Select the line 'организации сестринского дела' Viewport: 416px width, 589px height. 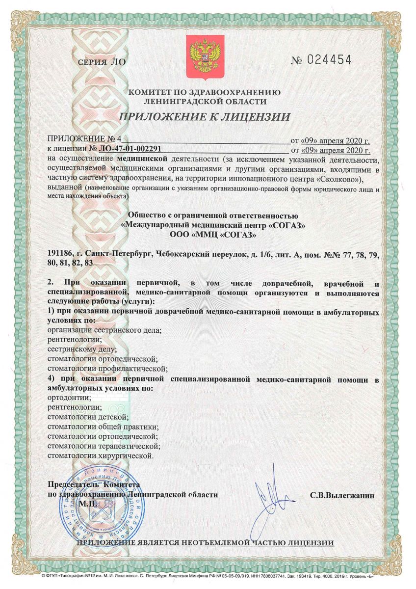[x=104, y=330]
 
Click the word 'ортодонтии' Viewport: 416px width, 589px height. [x=68, y=397]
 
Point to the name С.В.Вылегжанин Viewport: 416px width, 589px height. [x=342, y=496]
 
